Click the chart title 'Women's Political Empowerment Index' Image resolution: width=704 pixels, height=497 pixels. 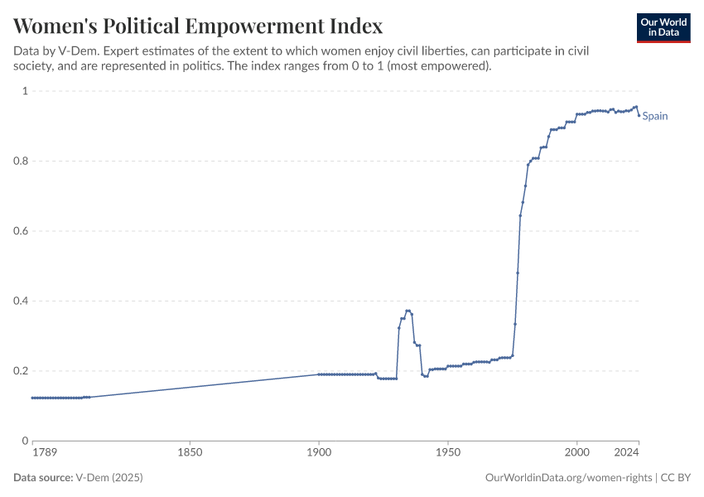[199, 26]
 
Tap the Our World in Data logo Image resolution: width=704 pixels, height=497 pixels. [663, 27]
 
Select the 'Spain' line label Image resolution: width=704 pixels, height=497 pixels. [655, 116]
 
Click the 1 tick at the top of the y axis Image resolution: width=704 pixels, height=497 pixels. [25, 91]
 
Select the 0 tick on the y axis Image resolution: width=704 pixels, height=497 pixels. [25, 441]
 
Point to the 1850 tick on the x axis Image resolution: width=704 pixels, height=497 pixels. [190, 453]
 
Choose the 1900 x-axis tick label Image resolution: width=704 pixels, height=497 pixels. [319, 453]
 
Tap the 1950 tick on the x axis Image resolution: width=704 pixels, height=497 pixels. [448, 453]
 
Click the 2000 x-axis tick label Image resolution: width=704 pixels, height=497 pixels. [577, 453]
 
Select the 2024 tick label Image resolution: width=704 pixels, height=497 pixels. [627, 453]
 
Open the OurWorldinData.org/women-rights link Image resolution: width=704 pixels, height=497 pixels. [567, 478]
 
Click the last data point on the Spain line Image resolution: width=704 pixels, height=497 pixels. [639, 115]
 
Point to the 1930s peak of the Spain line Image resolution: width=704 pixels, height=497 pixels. [407, 311]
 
